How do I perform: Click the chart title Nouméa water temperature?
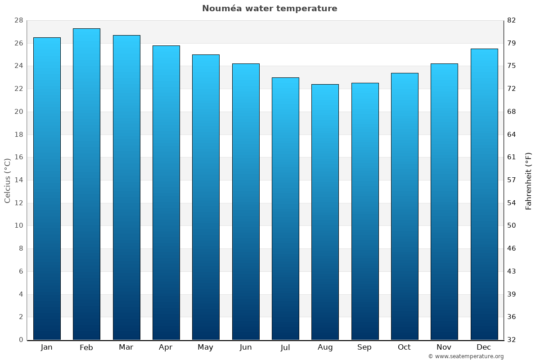click(270, 9)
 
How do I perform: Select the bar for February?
click(86, 184)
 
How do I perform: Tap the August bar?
click(325, 212)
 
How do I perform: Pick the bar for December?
click(484, 194)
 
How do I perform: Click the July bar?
click(285, 209)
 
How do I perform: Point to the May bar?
click(206, 197)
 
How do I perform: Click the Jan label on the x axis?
click(47, 347)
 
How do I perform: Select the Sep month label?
click(364, 347)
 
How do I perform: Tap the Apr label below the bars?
click(166, 347)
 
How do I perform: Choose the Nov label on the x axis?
click(444, 347)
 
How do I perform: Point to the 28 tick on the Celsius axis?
click(18, 21)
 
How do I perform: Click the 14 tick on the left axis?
click(18, 180)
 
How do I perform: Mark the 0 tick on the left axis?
click(21, 340)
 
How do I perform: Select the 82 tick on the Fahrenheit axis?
click(511, 21)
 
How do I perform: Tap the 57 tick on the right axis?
click(511, 180)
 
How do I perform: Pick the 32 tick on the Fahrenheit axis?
click(511, 340)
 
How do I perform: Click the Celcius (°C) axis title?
click(7, 180)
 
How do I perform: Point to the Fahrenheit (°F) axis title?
click(528, 181)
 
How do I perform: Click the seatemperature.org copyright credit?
click(466, 356)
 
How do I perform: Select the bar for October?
click(405, 207)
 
